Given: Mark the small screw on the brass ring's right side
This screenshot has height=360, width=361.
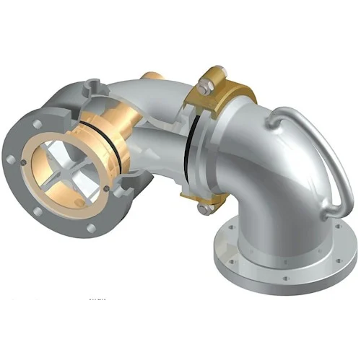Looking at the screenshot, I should point(105,190).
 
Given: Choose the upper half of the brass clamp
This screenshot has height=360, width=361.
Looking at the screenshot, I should point(227,87).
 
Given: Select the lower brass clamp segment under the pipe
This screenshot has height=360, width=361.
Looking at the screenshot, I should point(217,202).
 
